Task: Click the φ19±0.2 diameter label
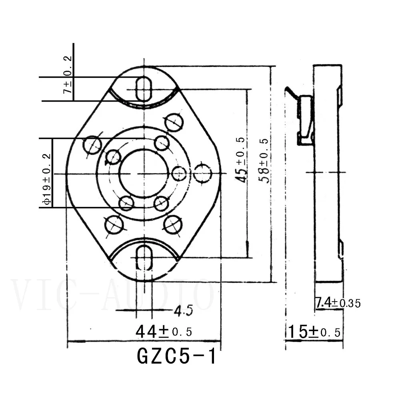pos(46,180)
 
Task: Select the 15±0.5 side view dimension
pos(314,332)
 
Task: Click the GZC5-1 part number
pos(176,356)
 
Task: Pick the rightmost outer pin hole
pos(203,174)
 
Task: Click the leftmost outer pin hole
pos(92,144)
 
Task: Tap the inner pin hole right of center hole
pos(179,173)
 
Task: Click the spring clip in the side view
pos(305,120)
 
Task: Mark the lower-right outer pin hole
pos(173,224)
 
